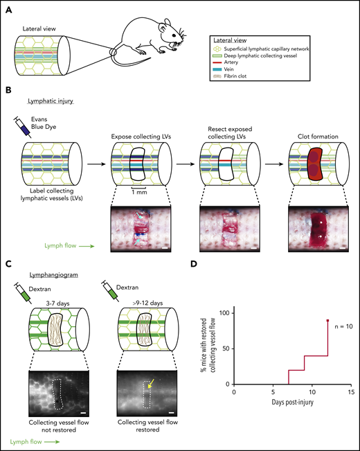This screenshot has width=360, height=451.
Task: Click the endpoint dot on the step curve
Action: [x=327, y=320]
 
